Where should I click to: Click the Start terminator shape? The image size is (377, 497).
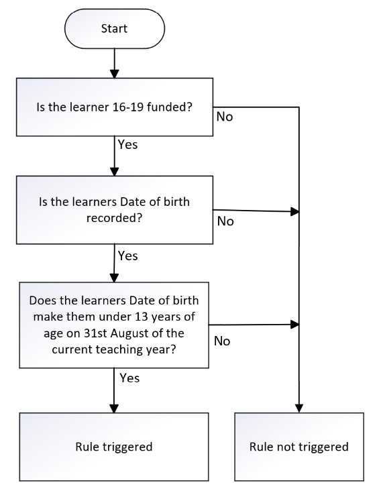click(x=115, y=29)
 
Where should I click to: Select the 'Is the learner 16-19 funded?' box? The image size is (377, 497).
click(x=115, y=107)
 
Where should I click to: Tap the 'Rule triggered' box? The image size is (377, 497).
click(x=114, y=447)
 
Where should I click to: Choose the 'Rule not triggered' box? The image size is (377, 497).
click(x=299, y=447)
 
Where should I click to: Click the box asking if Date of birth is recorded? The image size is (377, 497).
click(x=115, y=210)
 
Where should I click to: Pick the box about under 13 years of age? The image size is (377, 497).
click(x=114, y=325)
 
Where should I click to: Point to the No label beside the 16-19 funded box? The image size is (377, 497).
click(x=225, y=117)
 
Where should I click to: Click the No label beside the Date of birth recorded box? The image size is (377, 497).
click(x=225, y=221)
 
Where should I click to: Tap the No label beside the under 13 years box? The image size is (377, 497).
click(x=222, y=341)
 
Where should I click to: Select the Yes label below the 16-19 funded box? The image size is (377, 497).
click(x=127, y=144)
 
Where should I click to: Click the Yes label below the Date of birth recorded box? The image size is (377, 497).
click(x=127, y=256)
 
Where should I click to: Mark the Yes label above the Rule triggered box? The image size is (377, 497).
click(x=129, y=378)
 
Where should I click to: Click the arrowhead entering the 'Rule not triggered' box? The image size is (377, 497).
click(x=299, y=408)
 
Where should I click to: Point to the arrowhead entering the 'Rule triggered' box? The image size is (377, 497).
click(x=114, y=408)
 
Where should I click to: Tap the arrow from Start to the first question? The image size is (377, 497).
click(x=115, y=63)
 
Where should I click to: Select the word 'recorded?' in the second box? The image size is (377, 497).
click(x=114, y=218)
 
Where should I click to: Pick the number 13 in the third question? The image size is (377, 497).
click(x=142, y=317)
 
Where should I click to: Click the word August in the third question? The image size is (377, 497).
click(x=130, y=333)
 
